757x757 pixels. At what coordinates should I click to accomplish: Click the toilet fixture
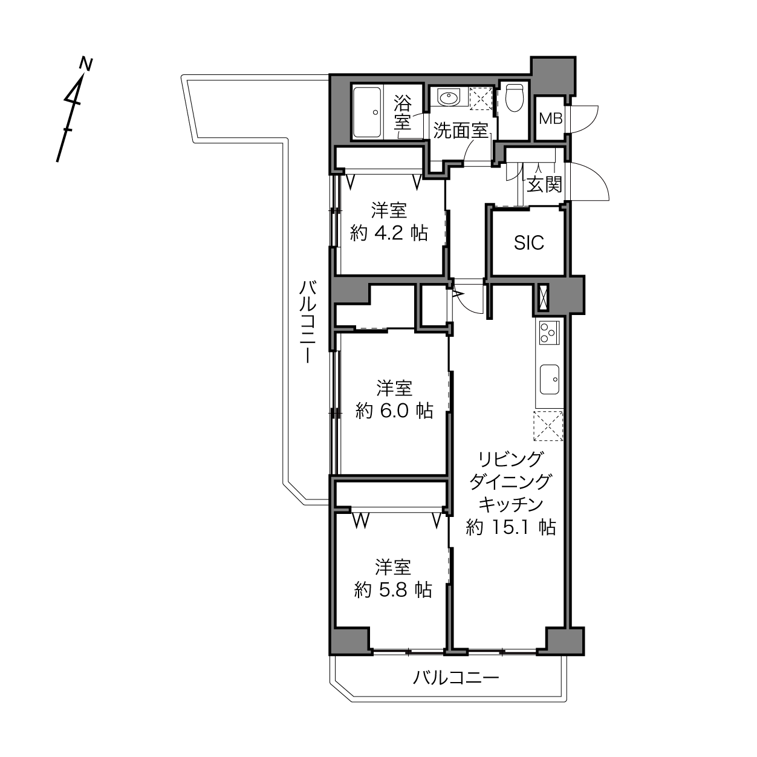click(x=514, y=98)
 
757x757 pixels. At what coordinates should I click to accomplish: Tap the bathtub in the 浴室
click(x=367, y=112)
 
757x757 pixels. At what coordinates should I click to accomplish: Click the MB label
click(x=550, y=118)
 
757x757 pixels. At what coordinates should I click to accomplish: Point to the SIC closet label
click(x=529, y=243)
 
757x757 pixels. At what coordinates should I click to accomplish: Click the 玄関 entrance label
click(x=544, y=184)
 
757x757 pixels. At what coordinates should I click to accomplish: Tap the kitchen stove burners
click(x=549, y=333)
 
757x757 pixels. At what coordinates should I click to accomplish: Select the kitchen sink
click(x=549, y=379)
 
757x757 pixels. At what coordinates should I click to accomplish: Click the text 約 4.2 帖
click(x=389, y=233)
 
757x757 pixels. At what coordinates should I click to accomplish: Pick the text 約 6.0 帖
click(x=394, y=411)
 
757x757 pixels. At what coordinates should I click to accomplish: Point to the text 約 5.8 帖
click(x=393, y=590)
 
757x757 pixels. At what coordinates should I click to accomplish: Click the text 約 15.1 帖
click(x=511, y=527)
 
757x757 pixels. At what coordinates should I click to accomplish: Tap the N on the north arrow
click(x=86, y=65)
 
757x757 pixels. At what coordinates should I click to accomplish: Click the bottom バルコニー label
click(x=456, y=678)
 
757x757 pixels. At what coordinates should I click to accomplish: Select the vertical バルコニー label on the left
click(x=308, y=322)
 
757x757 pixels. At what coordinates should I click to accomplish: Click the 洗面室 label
click(x=460, y=131)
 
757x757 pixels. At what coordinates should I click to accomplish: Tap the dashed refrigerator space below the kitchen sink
click(x=548, y=426)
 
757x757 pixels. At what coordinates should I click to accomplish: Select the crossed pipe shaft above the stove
click(x=544, y=297)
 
